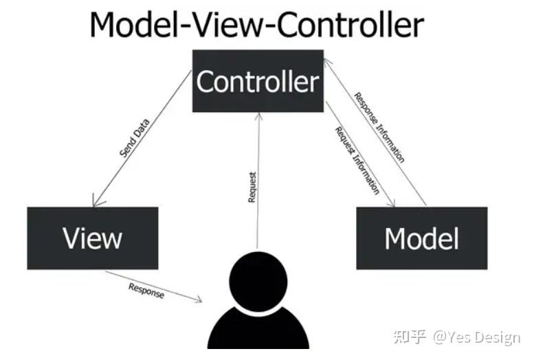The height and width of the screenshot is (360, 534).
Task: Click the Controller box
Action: click(x=257, y=81)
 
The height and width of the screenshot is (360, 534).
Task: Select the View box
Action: click(x=93, y=238)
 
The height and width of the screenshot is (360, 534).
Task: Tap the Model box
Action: click(x=421, y=238)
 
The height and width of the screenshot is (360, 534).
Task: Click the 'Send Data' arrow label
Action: click(x=135, y=139)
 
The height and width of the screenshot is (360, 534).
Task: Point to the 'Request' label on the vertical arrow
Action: click(x=252, y=187)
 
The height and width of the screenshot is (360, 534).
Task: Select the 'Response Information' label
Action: click(x=379, y=127)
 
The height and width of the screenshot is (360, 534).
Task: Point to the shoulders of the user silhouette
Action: click(x=258, y=330)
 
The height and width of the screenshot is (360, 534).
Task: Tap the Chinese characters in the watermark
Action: click(x=408, y=337)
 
